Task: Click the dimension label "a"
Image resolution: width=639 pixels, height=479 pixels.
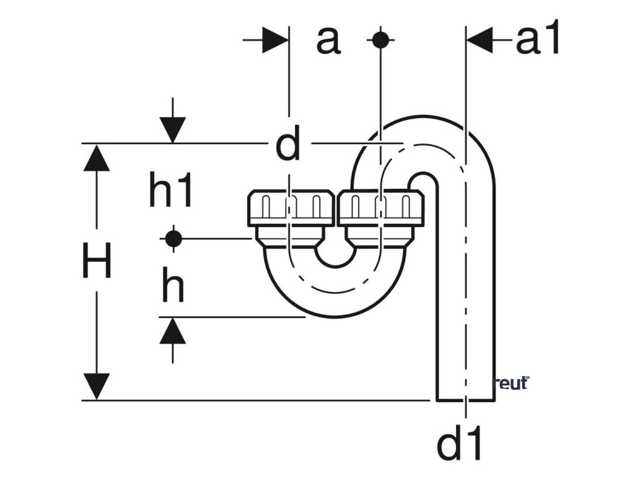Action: click(x=328, y=41)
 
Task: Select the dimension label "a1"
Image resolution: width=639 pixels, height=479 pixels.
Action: click(x=538, y=41)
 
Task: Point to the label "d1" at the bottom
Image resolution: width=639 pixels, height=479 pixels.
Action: click(x=461, y=443)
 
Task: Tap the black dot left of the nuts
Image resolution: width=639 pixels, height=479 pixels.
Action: click(x=173, y=238)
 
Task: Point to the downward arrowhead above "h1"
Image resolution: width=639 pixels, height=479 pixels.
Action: click(x=173, y=129)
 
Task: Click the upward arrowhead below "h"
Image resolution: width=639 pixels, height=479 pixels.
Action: click(x=173, y=331)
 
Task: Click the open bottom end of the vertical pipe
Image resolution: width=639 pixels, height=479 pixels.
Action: click(x=465, y=397)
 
